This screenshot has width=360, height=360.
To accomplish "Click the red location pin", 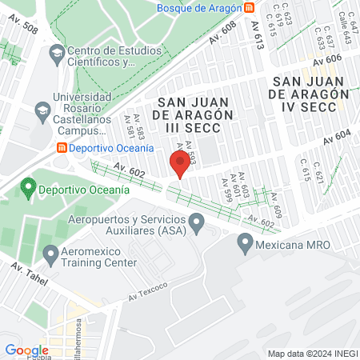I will pos(180,163).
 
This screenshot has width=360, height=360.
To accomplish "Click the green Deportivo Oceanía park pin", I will pos(29,188).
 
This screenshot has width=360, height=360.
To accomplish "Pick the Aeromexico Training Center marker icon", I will pos(51,256).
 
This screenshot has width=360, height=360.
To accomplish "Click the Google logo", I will pos(26,350).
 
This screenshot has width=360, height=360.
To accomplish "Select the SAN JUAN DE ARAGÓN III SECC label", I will pos(194,114).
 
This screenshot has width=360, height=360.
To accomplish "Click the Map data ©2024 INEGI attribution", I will pos(310,354).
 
